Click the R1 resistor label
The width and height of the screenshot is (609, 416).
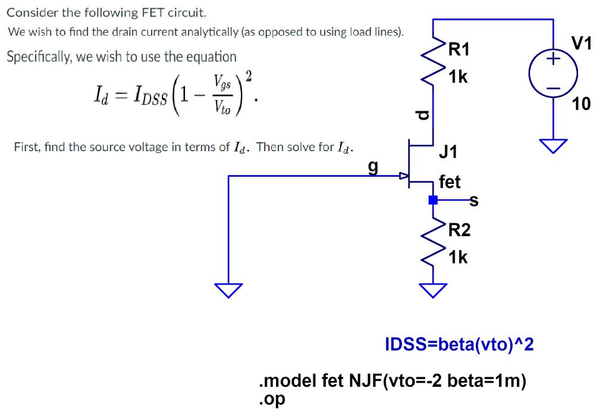click(459, 50)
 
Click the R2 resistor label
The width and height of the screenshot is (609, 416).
click(459, 230)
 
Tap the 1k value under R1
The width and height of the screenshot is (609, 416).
click(459, 77)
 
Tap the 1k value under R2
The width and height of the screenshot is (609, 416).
click(459, 257)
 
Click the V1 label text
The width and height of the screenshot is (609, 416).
click(582, 43)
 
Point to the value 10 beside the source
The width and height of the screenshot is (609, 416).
click(581, 105)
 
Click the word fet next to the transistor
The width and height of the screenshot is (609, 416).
click(450, 182)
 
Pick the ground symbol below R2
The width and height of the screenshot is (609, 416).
click(433, 290)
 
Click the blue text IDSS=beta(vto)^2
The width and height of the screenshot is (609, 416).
click(460, 344)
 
